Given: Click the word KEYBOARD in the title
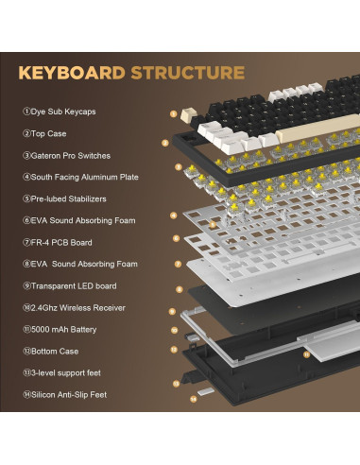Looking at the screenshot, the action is click(72, 73).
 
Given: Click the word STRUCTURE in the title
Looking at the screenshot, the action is click(188, 73).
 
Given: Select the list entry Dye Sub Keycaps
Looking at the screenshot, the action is click(60, 112).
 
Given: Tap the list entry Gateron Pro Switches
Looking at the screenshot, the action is click(66, 155).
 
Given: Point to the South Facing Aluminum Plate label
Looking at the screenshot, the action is click(80, 177).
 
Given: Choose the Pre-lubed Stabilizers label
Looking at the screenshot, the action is click(64, 198).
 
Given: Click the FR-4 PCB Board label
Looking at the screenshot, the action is click(58, 242).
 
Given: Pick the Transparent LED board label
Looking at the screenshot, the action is click(70, 285).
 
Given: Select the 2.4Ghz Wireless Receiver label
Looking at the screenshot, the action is click(74, 307).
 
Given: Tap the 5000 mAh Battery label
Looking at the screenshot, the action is click(60, 329).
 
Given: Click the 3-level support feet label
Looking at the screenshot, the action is click(61, 372).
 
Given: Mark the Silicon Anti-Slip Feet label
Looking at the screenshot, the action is click(65, 394).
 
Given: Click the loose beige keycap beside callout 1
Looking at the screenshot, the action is click(189, 114).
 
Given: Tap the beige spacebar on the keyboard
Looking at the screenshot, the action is click(318, 126).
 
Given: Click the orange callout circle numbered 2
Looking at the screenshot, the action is click(165, 143).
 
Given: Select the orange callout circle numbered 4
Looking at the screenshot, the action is click(174, 215).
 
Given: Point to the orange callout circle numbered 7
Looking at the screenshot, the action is click(178, 264).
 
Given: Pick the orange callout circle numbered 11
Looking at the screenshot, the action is click(306, 354).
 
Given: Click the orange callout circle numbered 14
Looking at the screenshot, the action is click(194, 399).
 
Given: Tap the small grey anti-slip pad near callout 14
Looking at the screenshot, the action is click(206, 391).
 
